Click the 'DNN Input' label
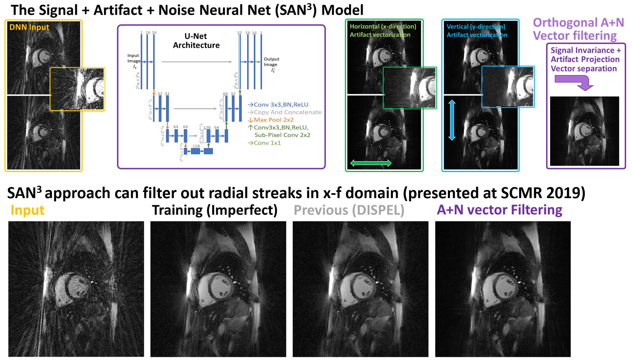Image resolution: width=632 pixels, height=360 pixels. tap(29, 27)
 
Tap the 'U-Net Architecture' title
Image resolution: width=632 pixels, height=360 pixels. tap(196, 40)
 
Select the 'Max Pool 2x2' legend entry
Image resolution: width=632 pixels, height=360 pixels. tap(273, 120)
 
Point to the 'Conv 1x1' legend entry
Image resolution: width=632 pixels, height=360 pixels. tap(267, 143)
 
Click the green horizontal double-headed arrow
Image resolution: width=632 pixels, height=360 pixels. tap(370, 163)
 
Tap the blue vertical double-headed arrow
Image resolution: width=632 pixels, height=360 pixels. tap(452, 120)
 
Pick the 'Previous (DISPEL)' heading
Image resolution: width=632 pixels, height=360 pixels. tap(349, 210)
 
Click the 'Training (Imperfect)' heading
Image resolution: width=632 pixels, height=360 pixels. tap(214, 210)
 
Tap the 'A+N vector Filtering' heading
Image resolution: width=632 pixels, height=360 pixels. tap(499, 210)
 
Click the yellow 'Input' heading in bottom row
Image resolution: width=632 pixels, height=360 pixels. tap(27, 210)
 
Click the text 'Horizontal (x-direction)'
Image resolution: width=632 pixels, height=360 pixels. tap(383, 26)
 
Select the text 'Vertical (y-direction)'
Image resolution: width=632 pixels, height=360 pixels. tap(476, 27)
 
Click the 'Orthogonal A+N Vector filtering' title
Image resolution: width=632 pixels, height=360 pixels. tap(578, 29)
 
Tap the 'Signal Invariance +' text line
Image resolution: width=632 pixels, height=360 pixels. tap(586, 50)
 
